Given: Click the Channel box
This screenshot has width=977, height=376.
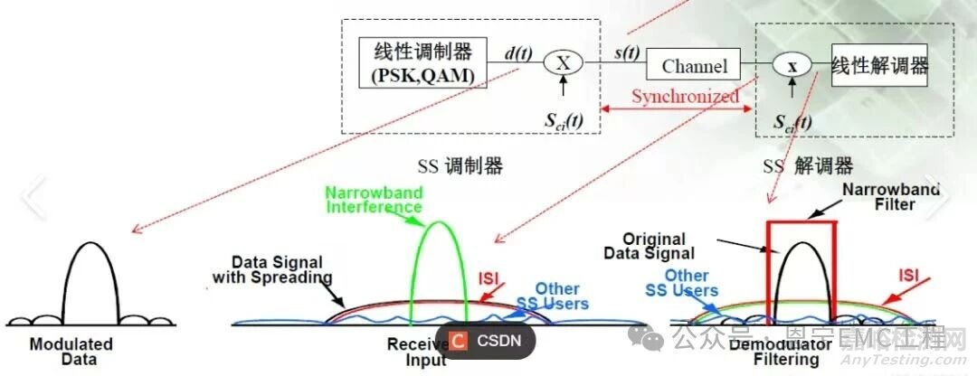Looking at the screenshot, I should click(x=693, y=66).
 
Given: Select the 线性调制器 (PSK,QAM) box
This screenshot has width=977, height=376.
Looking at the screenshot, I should click(x=422, y=61).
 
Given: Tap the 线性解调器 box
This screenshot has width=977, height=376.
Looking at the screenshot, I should click(x=880, y=65).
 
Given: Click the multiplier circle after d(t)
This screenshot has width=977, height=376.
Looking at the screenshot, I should click(x=564, y=61).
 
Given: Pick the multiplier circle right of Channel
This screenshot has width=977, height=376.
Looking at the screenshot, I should click(x=792, y=65).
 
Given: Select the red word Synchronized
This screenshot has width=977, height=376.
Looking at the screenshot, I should click(x=685, y=96).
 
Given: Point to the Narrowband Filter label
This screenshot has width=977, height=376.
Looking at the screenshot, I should click(x=891, y=196).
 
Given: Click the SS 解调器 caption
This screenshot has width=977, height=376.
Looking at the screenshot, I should click(x=808, y=166).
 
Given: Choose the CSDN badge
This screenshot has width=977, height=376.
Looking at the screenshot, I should click(x=486, y=340).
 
